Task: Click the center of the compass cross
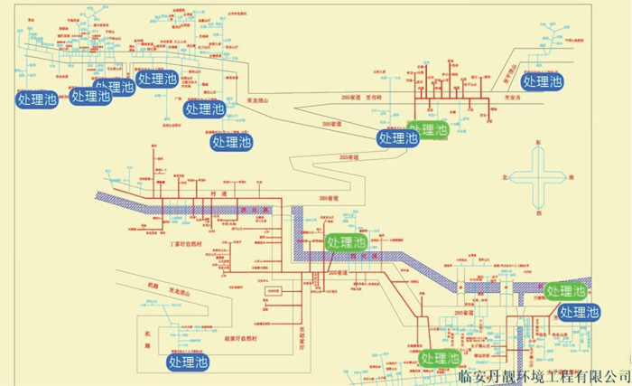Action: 539,178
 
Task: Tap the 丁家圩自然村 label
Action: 190,244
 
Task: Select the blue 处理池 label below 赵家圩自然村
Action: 188,362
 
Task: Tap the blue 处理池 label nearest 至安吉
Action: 542,81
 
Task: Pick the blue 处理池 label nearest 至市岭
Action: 397,138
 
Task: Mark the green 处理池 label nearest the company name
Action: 441,358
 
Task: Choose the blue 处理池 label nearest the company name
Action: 579,313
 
